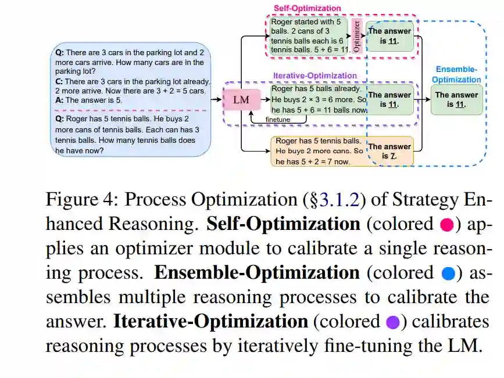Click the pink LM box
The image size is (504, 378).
tap(241, 100)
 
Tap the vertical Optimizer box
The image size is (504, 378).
tap(357, 35)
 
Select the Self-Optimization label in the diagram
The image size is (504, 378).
tap(307, 8)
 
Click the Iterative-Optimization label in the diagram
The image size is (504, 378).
tap(315, 75)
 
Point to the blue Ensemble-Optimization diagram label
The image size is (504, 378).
tap(456, 74)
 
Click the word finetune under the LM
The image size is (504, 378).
tap(277, 120)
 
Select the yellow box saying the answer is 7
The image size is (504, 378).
tap(389, 151)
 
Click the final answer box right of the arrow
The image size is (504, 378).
tap(456, 99)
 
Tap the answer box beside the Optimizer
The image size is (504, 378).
tap(389, 36)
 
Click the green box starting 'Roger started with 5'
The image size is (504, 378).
tap(309, 36)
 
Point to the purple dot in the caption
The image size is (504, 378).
tap(393, 322)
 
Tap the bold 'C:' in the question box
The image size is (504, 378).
tap(59, 82)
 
